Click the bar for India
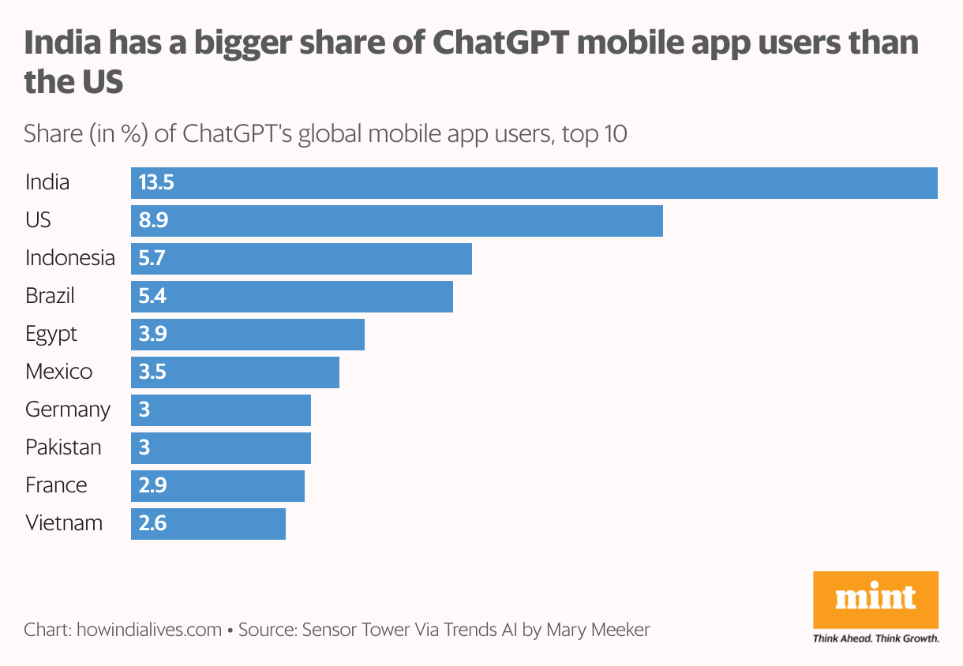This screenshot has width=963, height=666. (534, 183)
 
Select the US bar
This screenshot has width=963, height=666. (396, 221)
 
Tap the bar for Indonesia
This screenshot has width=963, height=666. (301, 259)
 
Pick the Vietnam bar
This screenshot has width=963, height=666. (208, 524)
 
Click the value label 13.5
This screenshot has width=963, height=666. (156, 183)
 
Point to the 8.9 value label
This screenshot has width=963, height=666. (153, 221)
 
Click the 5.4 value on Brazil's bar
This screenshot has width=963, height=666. (153, 297)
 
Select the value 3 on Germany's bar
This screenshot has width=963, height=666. (144, 410)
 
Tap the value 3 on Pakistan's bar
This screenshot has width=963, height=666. (144, 448)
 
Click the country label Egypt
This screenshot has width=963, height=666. (51, 335)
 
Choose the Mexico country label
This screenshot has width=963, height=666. (58, 372)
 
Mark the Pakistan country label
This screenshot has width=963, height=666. (63, 448)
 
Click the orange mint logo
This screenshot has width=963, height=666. (876, 600)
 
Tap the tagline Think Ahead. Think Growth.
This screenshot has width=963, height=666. (876, 638)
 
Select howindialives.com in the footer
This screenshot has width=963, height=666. (149, 630)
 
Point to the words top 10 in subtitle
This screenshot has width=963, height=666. (594, 133)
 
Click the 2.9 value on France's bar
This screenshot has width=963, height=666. (153, 486)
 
